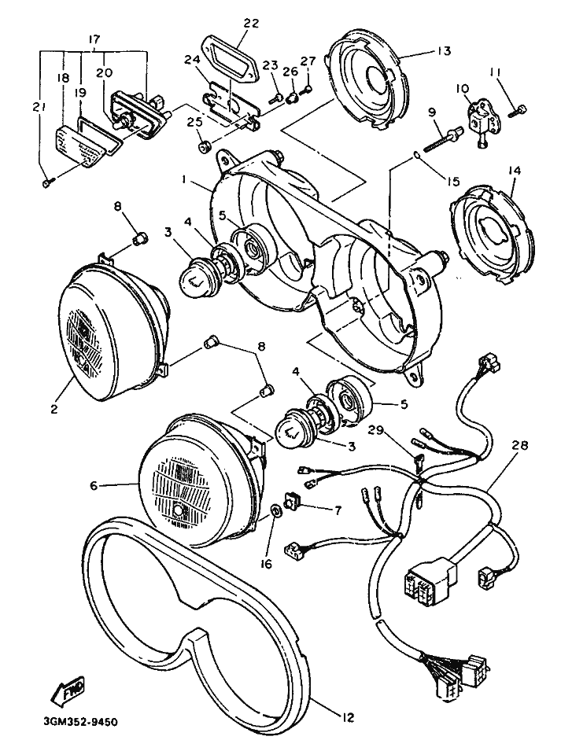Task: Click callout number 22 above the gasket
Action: click(x=251, y=24)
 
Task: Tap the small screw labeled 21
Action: click(x=46, y=182)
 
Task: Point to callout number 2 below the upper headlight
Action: click(x=55, y=408)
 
